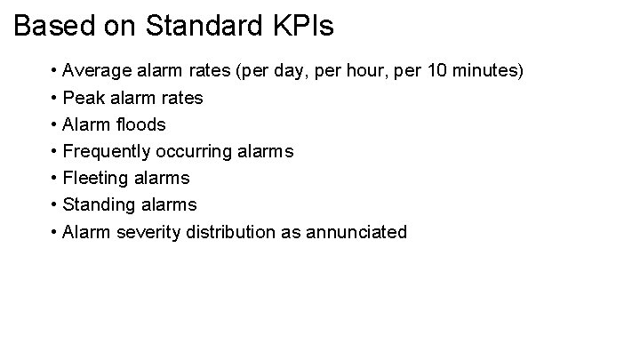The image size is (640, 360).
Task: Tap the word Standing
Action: (99, 205)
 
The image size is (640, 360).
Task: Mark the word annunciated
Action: (356, 232)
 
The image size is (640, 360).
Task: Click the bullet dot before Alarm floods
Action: (55, 124)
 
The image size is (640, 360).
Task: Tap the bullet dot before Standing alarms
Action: (55, 205)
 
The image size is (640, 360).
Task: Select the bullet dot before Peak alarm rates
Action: (55, 98)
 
